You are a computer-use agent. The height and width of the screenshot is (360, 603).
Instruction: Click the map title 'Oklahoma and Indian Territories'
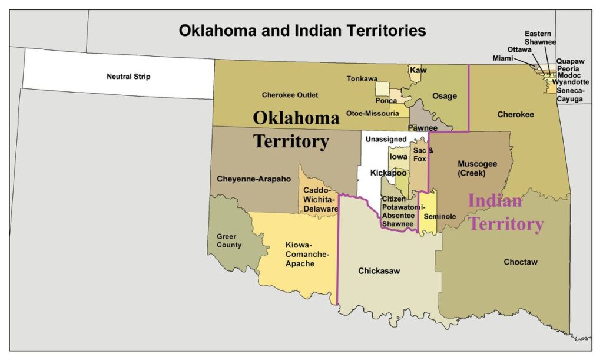(302, 31)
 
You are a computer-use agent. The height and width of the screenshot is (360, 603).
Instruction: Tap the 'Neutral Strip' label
(128, 77)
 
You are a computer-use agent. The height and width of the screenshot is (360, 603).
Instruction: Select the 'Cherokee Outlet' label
(290, 95)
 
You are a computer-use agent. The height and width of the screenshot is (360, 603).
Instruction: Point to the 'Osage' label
(445, 96)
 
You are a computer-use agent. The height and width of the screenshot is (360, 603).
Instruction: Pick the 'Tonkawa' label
(362, 78)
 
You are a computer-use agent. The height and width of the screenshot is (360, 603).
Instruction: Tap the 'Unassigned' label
(386, 140)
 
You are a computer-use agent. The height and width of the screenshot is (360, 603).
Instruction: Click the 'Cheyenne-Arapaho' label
(254, 179)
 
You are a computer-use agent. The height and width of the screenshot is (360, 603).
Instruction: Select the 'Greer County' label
(229, 240)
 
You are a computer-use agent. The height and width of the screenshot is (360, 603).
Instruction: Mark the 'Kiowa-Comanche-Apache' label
(307, 254)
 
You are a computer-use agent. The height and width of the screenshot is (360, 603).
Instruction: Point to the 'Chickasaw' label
(379, 271)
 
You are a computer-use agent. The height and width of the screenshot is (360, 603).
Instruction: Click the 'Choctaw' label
(521, 262)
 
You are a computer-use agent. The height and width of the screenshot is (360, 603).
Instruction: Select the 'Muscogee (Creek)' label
(478, 169)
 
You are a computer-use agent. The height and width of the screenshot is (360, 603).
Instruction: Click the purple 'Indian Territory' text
(505, 212)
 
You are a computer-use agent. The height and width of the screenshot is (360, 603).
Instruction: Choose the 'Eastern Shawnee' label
(540, 38)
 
